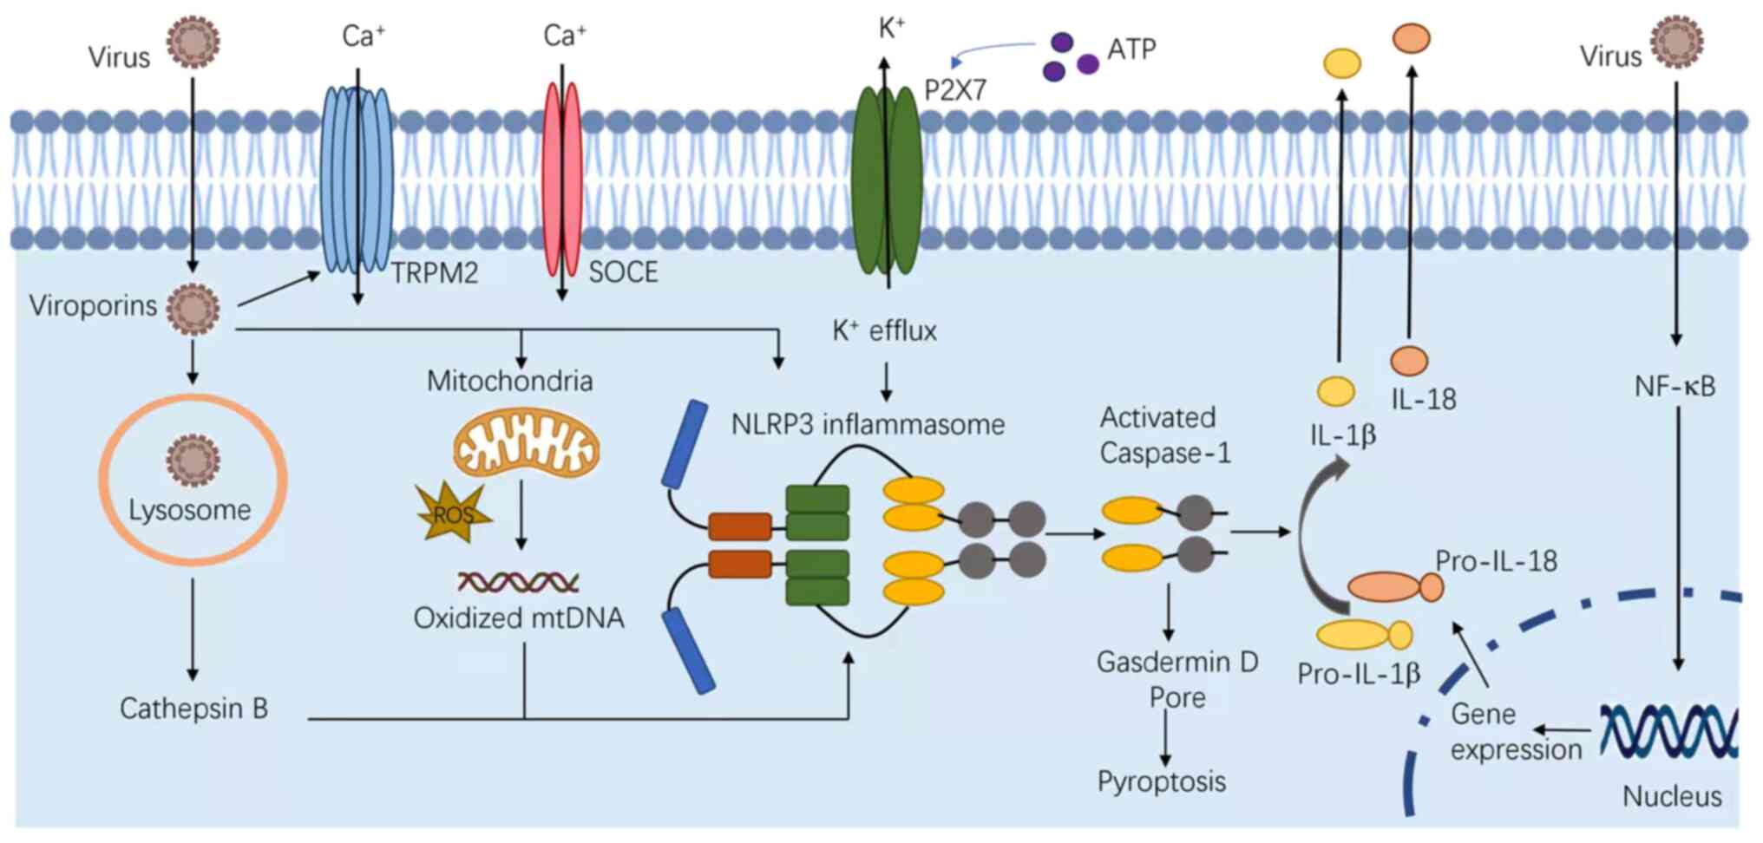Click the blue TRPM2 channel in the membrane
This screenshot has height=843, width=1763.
point(356,178)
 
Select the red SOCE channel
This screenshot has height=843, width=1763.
point(561,178)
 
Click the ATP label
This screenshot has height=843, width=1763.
point(1131,49)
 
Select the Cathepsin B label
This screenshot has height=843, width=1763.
point(193,709)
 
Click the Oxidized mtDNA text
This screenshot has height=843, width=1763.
point(519,618)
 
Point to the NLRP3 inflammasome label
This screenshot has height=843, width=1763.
point(868,424)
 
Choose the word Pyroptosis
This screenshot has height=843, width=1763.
point(1162,781)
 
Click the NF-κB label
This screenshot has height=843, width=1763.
point(1675,386)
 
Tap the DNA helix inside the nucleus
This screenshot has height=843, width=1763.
point(1668,731)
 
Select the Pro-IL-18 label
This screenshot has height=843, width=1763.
point(1496,561)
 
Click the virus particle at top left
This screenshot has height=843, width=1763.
point(193,42)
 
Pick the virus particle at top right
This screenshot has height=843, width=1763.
point(1676,42)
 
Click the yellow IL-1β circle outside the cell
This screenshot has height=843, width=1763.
point(1341,63)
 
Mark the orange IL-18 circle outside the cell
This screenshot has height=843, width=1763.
point(1411,38)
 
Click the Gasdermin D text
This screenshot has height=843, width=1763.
point(1177,662)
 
